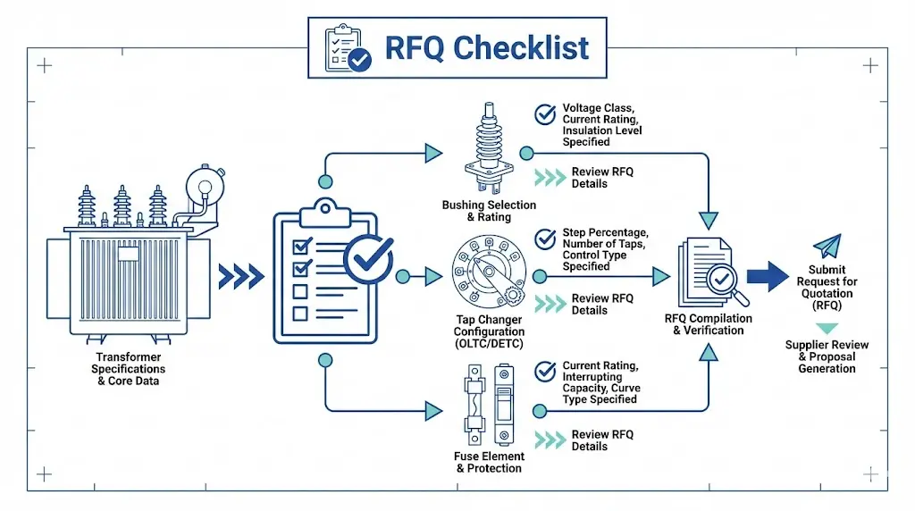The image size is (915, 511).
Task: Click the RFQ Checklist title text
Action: point(487,46)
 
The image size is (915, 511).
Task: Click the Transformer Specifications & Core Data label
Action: point(130,369)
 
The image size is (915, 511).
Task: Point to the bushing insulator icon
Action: point(488,148)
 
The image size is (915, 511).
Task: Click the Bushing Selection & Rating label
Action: point(489,211)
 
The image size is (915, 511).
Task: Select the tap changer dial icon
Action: point(488,273)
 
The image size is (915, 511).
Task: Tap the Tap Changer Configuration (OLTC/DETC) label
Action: point(489,331)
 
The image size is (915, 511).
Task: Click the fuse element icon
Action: point(488,404)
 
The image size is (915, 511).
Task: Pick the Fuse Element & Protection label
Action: point(489,462)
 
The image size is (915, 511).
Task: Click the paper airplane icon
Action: point(827,247)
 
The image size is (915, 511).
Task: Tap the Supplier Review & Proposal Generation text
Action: point(827,356)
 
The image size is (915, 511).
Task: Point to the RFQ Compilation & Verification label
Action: point(709,324)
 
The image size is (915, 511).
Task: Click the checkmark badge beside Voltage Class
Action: point(544,114)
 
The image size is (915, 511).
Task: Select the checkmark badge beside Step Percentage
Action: point(544,239)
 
